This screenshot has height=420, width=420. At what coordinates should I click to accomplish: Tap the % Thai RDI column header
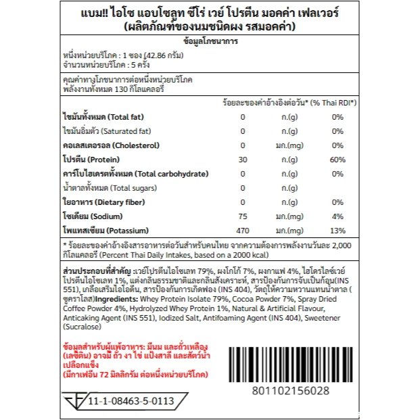click(x=335, y=102)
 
